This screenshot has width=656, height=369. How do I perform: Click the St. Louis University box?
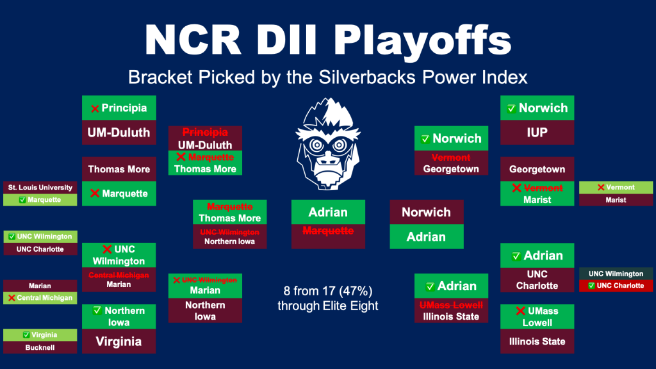pyautogui.click(x=40, y=187)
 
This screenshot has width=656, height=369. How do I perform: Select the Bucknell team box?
pyautogui.click(x=40, y=347)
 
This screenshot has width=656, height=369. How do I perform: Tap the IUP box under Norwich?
pyautogui.click(x=537, y=132)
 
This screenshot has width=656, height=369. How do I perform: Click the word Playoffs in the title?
pyautogui.click(x=423, y=41)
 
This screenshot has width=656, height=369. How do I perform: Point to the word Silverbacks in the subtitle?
pyautogui.click(x=367, y=77)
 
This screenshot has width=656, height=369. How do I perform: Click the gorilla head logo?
pyautogui.click(x=328, y=143)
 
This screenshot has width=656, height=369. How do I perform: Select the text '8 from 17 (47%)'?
pyautogui.click(x=328, y=291)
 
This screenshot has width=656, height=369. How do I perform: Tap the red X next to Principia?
pyautogui.click(x=95, y=109)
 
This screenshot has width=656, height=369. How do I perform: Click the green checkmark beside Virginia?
pyautogui.click(x=26, y=335)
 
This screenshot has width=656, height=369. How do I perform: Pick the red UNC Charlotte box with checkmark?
pyautogui.click(x=616, y=286)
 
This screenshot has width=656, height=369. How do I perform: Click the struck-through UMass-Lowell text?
pyautogui.click(x=451, y=305)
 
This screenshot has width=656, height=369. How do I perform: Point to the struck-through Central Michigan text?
pyautogui.click(x=118, y=275)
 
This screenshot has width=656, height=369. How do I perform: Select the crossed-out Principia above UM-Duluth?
pyautogui.click(x=205, y=132)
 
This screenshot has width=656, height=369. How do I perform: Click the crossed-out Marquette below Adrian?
pyautogui.click(x=328, y=231)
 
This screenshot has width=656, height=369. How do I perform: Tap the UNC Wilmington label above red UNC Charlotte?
pyautogui.click(x=616, y=274)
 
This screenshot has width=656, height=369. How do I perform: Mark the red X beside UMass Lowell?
pyautogui.click(x=520, y=311)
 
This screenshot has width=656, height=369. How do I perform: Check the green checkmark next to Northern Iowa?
pyautogui.click(x=97, y=310)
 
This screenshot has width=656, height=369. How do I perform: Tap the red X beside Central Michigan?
pyautogui.click(x=12, y=298)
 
